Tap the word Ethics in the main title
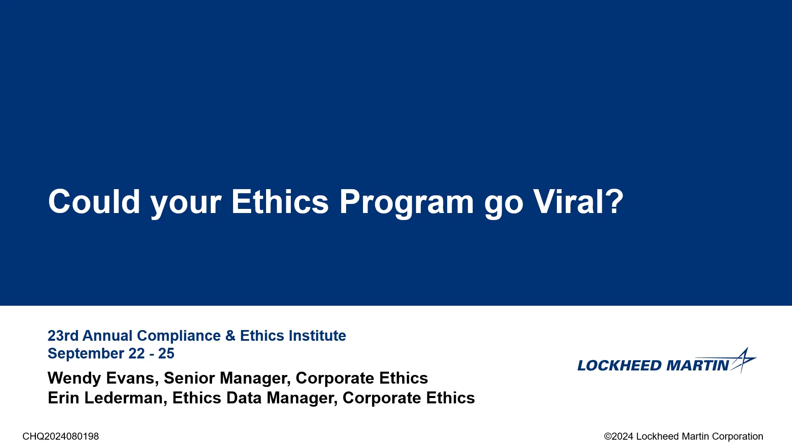point(280,201)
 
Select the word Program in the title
point(406,204)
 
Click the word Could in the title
point(94,201)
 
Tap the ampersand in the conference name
point(231,336)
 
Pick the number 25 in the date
point(166,354)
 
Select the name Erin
point(64,398)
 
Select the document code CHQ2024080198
point(61,436)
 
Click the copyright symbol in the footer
point(608,436)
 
